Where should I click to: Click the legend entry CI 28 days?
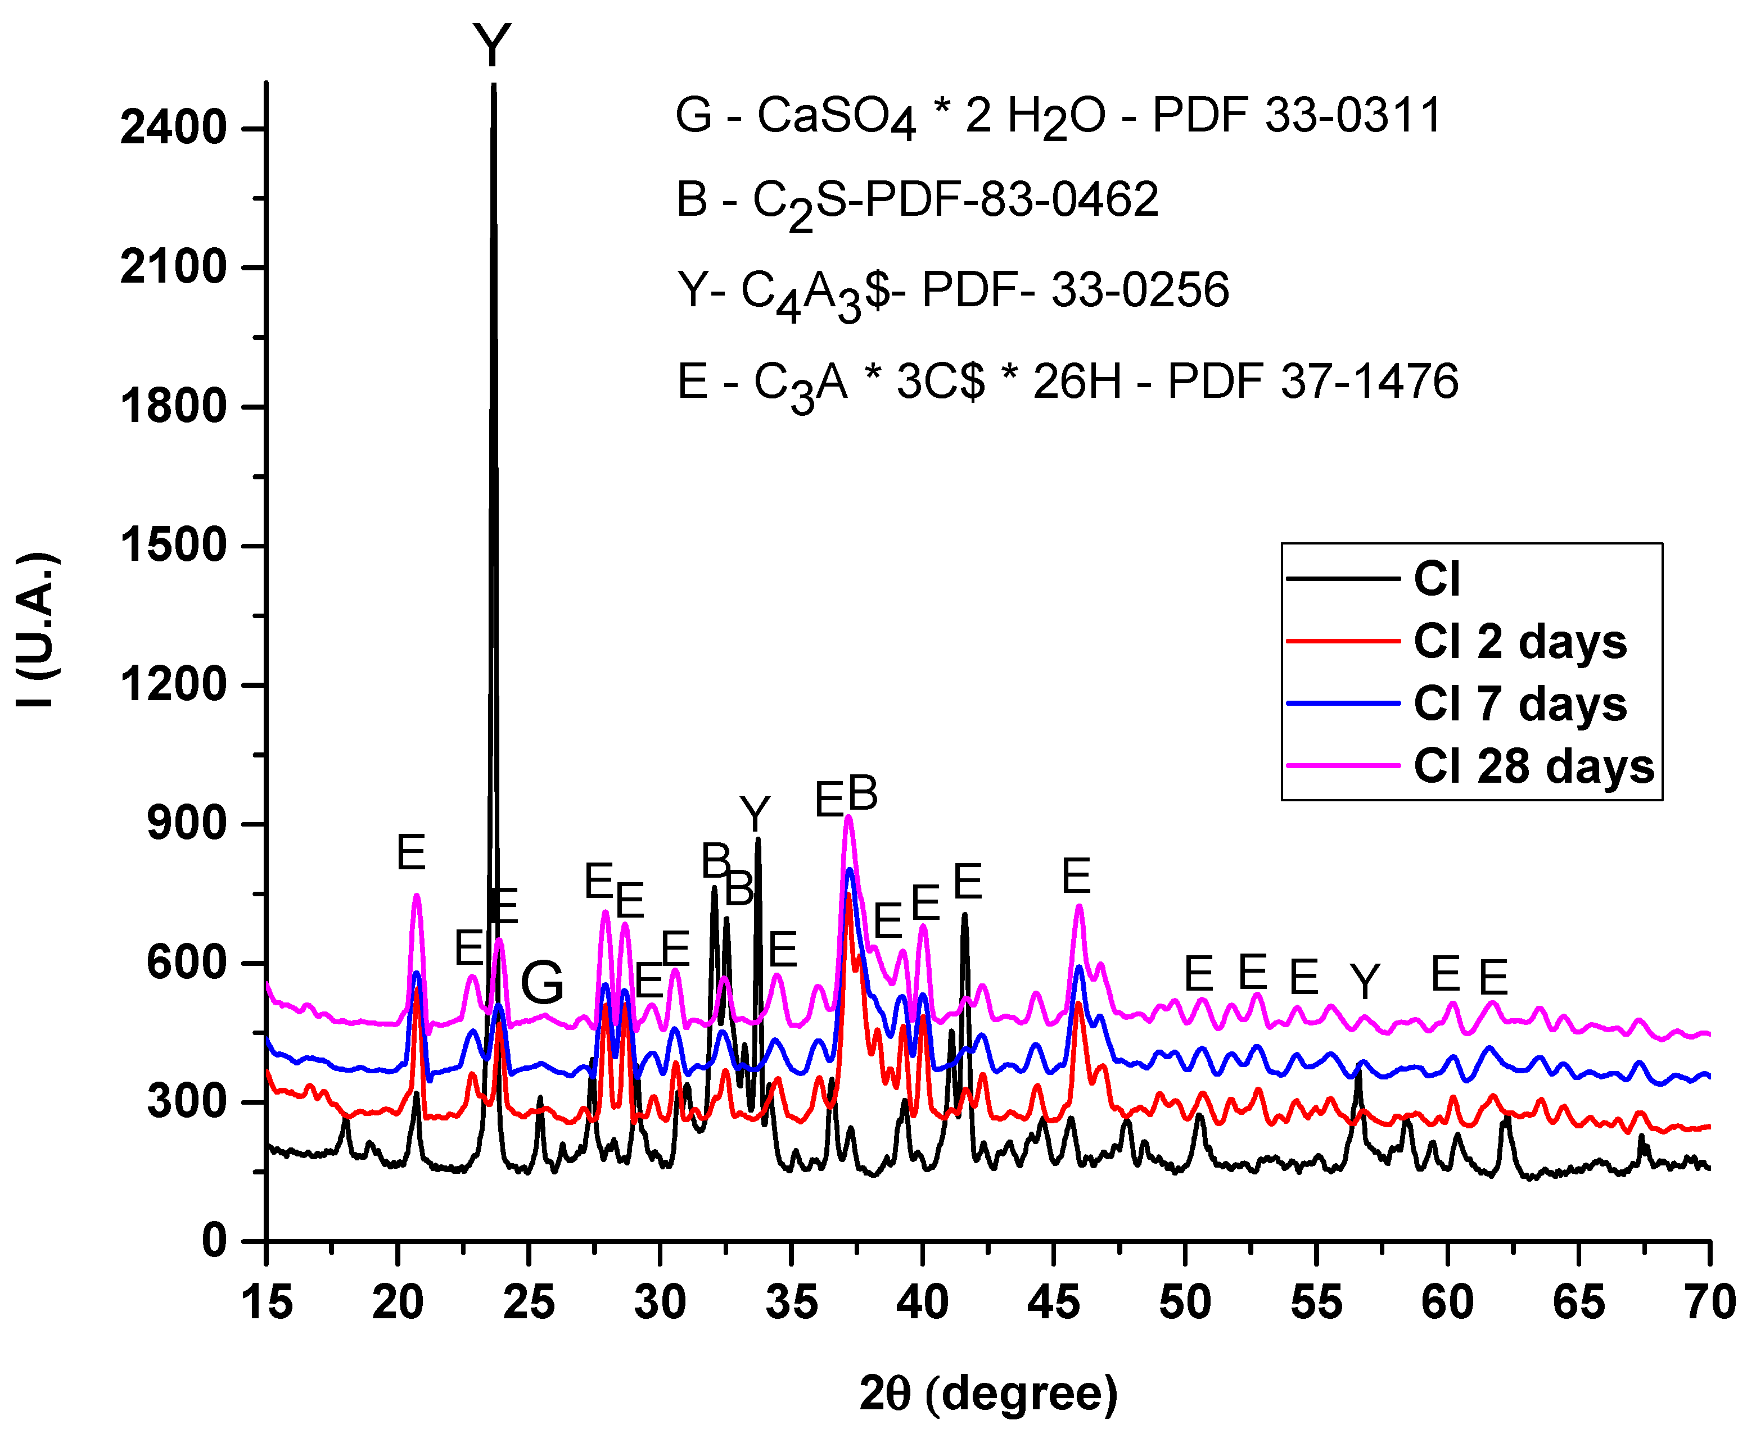pyautogui.click(x=1533, y=766)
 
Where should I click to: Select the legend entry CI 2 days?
pyautogui.click(x=1519, y=642)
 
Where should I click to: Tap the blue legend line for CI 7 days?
pyautogui.click(x=1343, y=704)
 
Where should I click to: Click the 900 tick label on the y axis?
pyautogui.click(x=186, y=824)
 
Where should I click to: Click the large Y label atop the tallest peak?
pyautogui.click(x=493, y=46)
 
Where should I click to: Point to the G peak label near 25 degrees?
pyautogui.click(x=542, y=982)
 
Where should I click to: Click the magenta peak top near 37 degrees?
pyautogui.click(x=848, y=818)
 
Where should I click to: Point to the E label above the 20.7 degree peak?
pyautogui.click(x=410, y=852)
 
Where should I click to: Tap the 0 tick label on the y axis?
pyautogui.click(x=214, y=1241)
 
